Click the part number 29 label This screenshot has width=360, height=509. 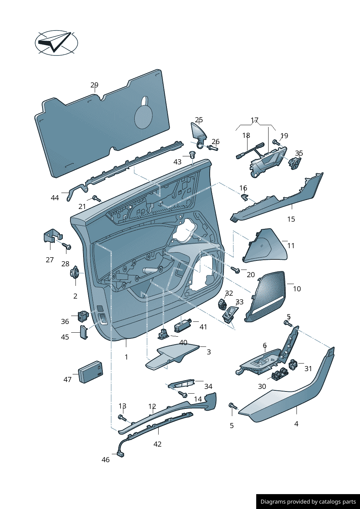pyautogui.click(x=94, y=85)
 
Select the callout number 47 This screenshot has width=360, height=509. pyautogui.click(x=67, y=379)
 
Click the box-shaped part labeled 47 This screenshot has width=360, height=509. pyautogui.click(x=90, y=372)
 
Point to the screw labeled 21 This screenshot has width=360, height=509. pyautogui.click(x=96, y=198)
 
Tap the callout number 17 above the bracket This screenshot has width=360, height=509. pyautogui.click(x=254, y=120)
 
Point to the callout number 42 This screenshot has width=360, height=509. pyautogui.click(x=157, y=444)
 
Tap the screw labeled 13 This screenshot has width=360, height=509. pyautogui.click(x=123, y=418)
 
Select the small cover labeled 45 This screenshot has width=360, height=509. pyautogui.click(x=84, y=332)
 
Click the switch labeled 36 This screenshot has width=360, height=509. pyautogui.click(x=83, y=316)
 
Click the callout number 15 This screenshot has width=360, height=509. pyautogui.click(x=291, y=219)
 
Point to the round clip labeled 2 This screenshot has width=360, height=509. pyautogui.click(x=75, y=272)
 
